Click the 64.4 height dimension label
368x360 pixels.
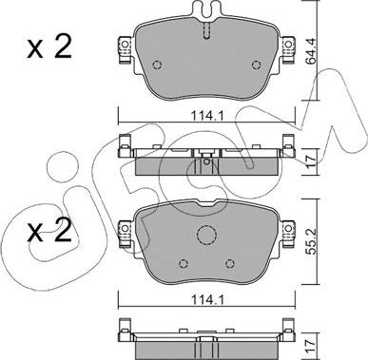[x=311, y=51]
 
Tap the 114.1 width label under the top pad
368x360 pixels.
[x=207, y=116]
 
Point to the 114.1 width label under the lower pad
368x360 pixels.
[x=207, y=299]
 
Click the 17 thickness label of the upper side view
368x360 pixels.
[x=311, y=161]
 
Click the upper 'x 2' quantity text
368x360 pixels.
[x=49, y=47]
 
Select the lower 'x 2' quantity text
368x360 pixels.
[x=49, y=232]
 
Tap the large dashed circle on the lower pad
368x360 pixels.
[x=206, y=235]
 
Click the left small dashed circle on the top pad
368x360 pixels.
[x=157, y=65]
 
